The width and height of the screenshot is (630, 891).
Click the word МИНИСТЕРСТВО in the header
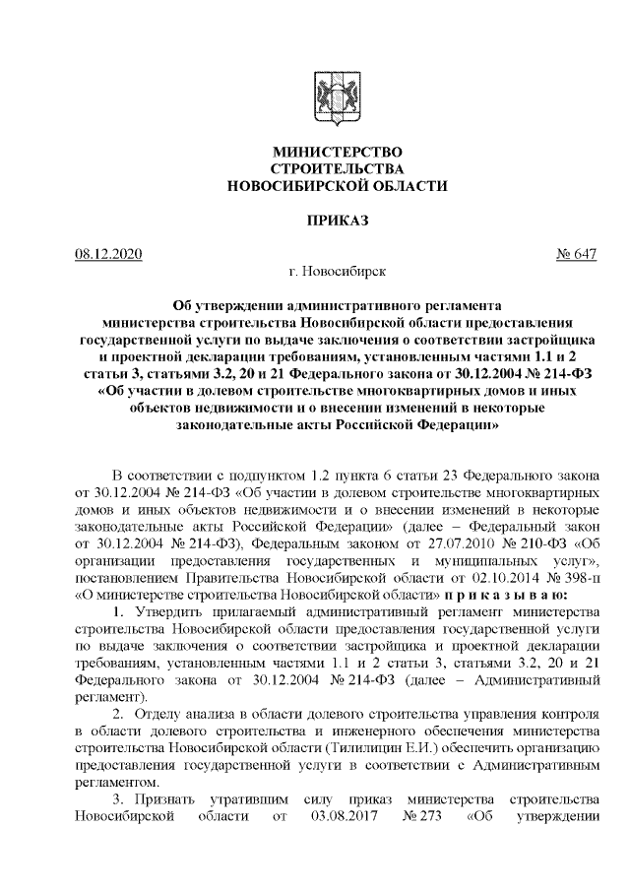point(336,153)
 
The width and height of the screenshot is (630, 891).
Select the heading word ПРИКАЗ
point(336,218)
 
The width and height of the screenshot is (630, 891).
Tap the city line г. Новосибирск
point(336,269)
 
